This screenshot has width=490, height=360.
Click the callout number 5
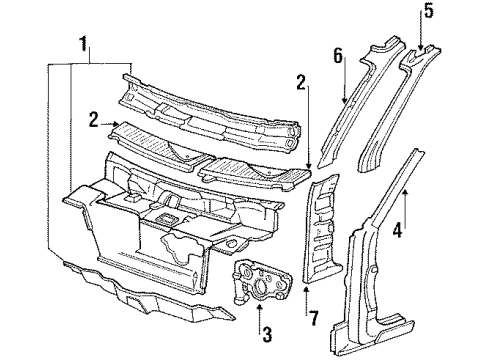click(427, 13)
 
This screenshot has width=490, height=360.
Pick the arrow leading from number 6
click(346, 95)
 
